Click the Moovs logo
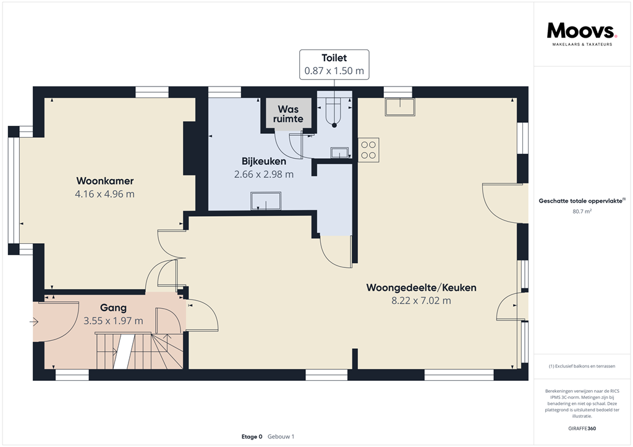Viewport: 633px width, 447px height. tap(582, 31)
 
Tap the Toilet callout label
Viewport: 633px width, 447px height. tap(334, 64)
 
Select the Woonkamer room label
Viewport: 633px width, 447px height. tap(105, 181)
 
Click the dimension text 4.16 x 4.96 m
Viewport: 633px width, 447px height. tap(105, 194)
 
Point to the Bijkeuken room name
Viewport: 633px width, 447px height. tap(264, 162)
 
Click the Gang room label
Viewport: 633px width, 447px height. tap(113, 307)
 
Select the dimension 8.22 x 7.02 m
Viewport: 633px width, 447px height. tap(421, 301)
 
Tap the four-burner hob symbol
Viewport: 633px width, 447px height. tap(368, 149)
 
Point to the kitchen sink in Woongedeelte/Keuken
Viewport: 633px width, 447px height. tap(399, 107)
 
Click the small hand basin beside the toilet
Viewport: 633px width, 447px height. tap(339, 152)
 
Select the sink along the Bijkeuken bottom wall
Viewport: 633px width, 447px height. tap(265, 201)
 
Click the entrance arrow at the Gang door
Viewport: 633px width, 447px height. tap(34, 321)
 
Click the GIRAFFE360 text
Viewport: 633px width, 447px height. tap(582, 428)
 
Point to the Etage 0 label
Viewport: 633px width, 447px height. tap(252, 437)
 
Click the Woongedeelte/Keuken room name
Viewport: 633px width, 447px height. tap(421, 288)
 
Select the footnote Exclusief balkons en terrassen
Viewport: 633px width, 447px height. tap(582, 366)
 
